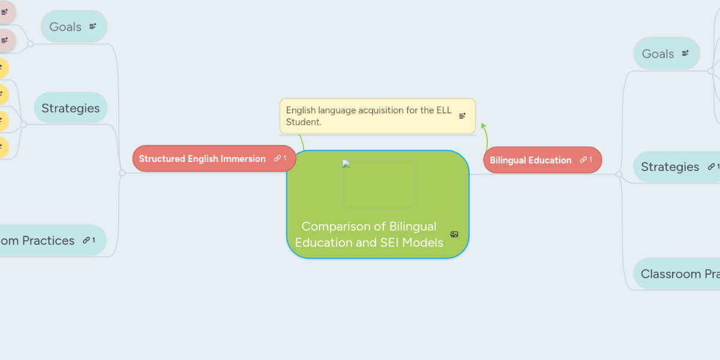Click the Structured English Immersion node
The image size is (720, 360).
coord(202,159)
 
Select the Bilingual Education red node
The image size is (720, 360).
coord(530,160)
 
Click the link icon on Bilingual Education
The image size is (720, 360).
coord(583,160)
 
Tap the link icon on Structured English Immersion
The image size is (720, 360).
coord(277,158)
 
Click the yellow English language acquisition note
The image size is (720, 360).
coord(369,116)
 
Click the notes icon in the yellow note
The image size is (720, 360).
coord(462,116)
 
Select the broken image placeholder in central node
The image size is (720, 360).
coord(377,184)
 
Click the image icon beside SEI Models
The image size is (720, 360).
coord(454,235)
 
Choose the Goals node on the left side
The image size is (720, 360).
coord(65,26)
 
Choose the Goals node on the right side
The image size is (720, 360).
coord(658,53)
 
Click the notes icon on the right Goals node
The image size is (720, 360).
coord(686,53)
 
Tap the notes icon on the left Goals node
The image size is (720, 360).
coord(93,26)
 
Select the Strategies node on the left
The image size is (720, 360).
coord(70,108)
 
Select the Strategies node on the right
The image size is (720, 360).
coord(670,167)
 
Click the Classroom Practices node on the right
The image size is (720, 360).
coord(678,274)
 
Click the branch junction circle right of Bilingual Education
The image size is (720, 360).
coord(619,175)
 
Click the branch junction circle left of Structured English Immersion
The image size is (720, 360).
coord(122,173)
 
